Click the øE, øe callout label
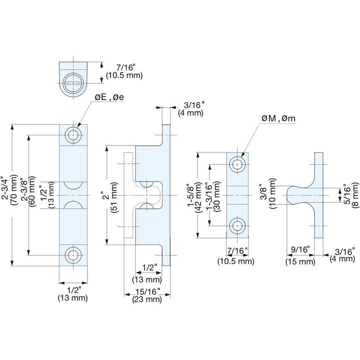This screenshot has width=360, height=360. tap(109, 97)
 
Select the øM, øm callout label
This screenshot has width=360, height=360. tap(278, 119)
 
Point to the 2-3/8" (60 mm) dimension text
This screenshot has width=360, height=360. tap(28, 194)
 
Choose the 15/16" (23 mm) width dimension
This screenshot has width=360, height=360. tap(146, 295)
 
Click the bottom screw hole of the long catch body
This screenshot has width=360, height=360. tap(73, 255)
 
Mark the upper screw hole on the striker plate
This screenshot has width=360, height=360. tap(238, 164)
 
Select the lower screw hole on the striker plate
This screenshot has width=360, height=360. tap(238, 225)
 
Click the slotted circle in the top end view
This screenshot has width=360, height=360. tap(73, 82)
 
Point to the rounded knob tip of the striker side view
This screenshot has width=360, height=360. tap(290, 195)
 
